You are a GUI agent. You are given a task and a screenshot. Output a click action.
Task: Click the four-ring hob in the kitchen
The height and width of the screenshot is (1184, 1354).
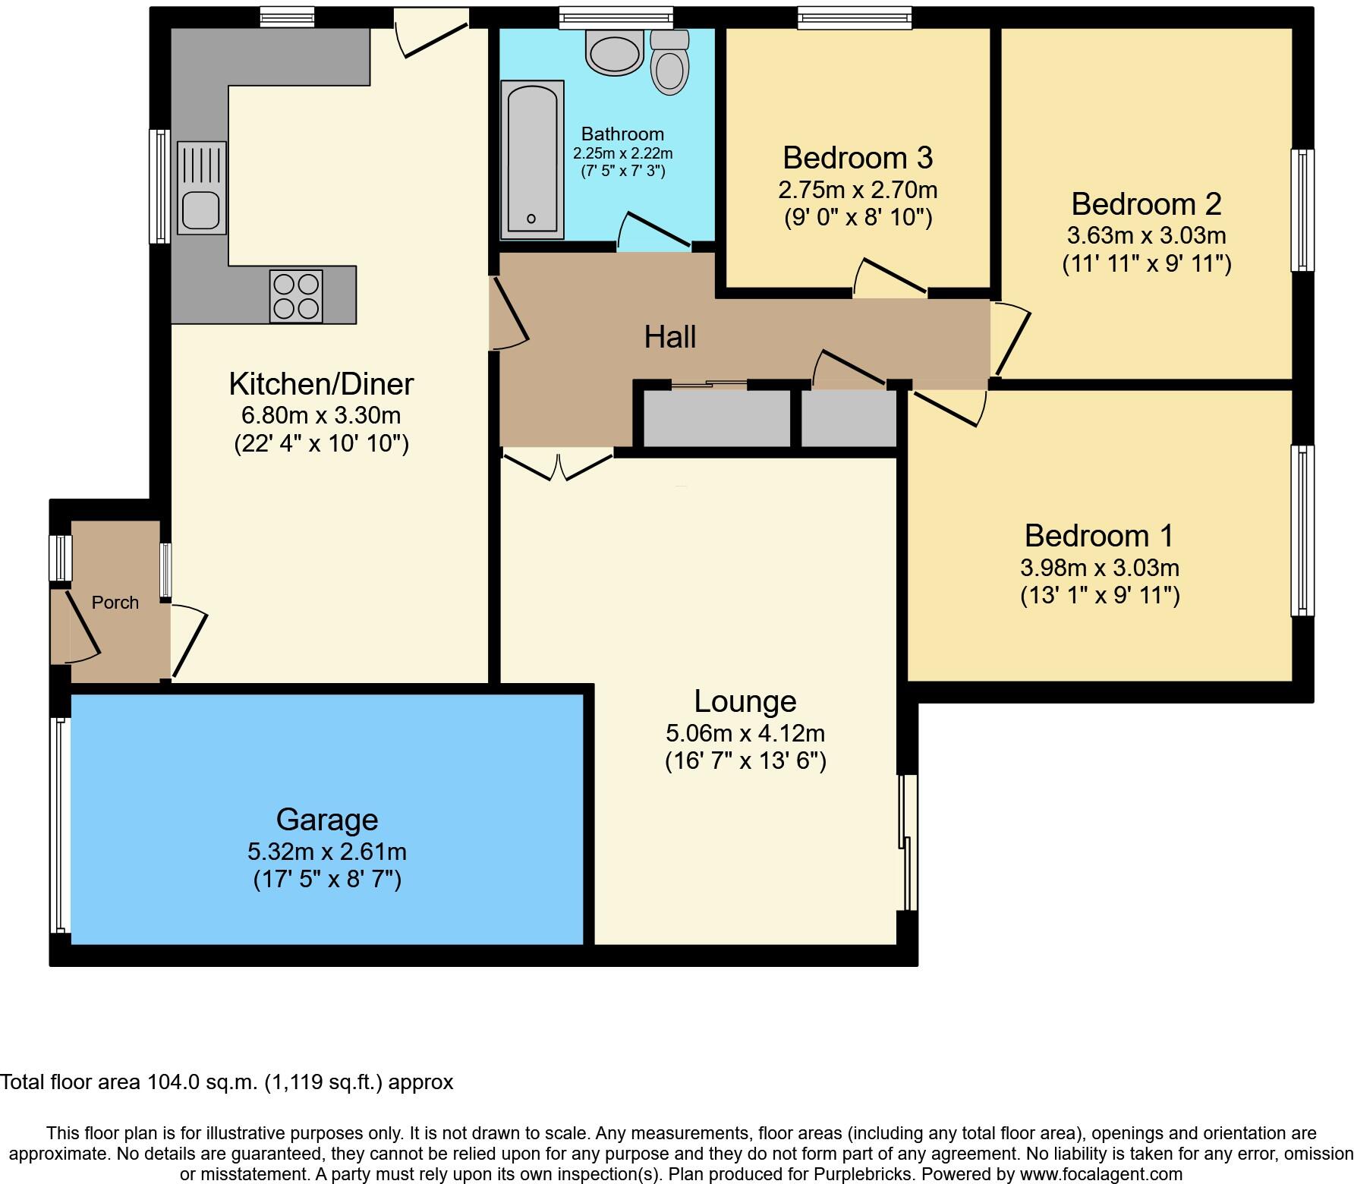pyautogui.click(x=296, y=296)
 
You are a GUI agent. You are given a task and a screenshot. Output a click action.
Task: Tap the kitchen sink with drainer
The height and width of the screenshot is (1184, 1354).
pyautogui.click(x=202, y=187)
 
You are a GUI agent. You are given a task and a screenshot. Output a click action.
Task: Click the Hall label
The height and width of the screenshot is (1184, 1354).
pyautogui.click(x=670, y=337)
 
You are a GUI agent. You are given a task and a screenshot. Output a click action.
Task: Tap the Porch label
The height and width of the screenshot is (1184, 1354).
pyautogui.click(x=115, y=603)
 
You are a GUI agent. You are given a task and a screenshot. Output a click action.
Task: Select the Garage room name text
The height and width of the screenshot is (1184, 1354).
pyautogui.click(x=326, y=820)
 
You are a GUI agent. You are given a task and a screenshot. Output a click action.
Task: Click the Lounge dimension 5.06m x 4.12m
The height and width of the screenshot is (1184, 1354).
pyautogui.click(x=745, y=733)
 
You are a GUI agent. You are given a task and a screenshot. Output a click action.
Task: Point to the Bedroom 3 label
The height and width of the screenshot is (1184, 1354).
pyautogui.click(x=857, y=158)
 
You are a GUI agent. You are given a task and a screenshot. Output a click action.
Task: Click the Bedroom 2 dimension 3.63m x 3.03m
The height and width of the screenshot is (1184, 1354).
pyautogui.click(x=1146, y=235)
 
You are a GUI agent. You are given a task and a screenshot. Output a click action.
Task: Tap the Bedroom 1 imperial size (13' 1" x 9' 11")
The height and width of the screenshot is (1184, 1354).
pyautogui.click(x=1100, y=595)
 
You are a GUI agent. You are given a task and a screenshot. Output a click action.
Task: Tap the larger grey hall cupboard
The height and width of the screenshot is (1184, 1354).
pyautogui.click(x=717, y=418)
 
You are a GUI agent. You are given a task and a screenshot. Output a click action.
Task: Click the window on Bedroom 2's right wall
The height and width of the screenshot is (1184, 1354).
pyautogui.click(x=1302, y=210)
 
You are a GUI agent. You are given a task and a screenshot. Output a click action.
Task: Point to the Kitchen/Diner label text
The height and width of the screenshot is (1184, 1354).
pyautogui.click(x=321, y=384)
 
